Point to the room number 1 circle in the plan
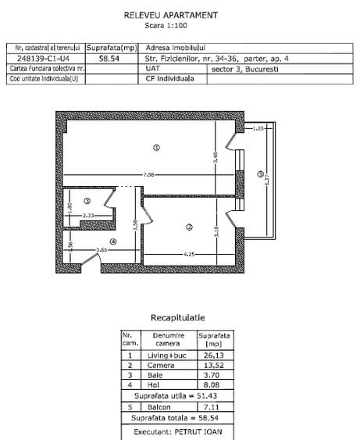click(156, 146)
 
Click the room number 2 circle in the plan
click(188, 227)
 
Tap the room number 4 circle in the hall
click(113, 241)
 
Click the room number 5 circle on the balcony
click(260, 173)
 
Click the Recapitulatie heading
click(177, 318)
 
